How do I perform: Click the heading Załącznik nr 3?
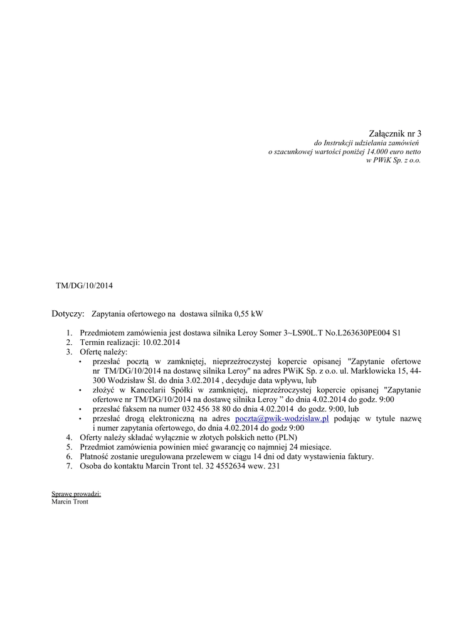[395, 134]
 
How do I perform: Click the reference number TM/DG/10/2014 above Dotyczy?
[84, 285]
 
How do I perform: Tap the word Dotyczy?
[67, 313]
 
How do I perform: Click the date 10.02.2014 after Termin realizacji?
[161, 343]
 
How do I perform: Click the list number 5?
[69, 447]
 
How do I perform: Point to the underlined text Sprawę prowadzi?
[76, 494]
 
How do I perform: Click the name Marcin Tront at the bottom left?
[70, 502]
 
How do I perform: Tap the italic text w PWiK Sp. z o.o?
[393, 160]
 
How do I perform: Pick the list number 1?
[69, 333]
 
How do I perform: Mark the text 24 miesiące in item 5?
[309, 447]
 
